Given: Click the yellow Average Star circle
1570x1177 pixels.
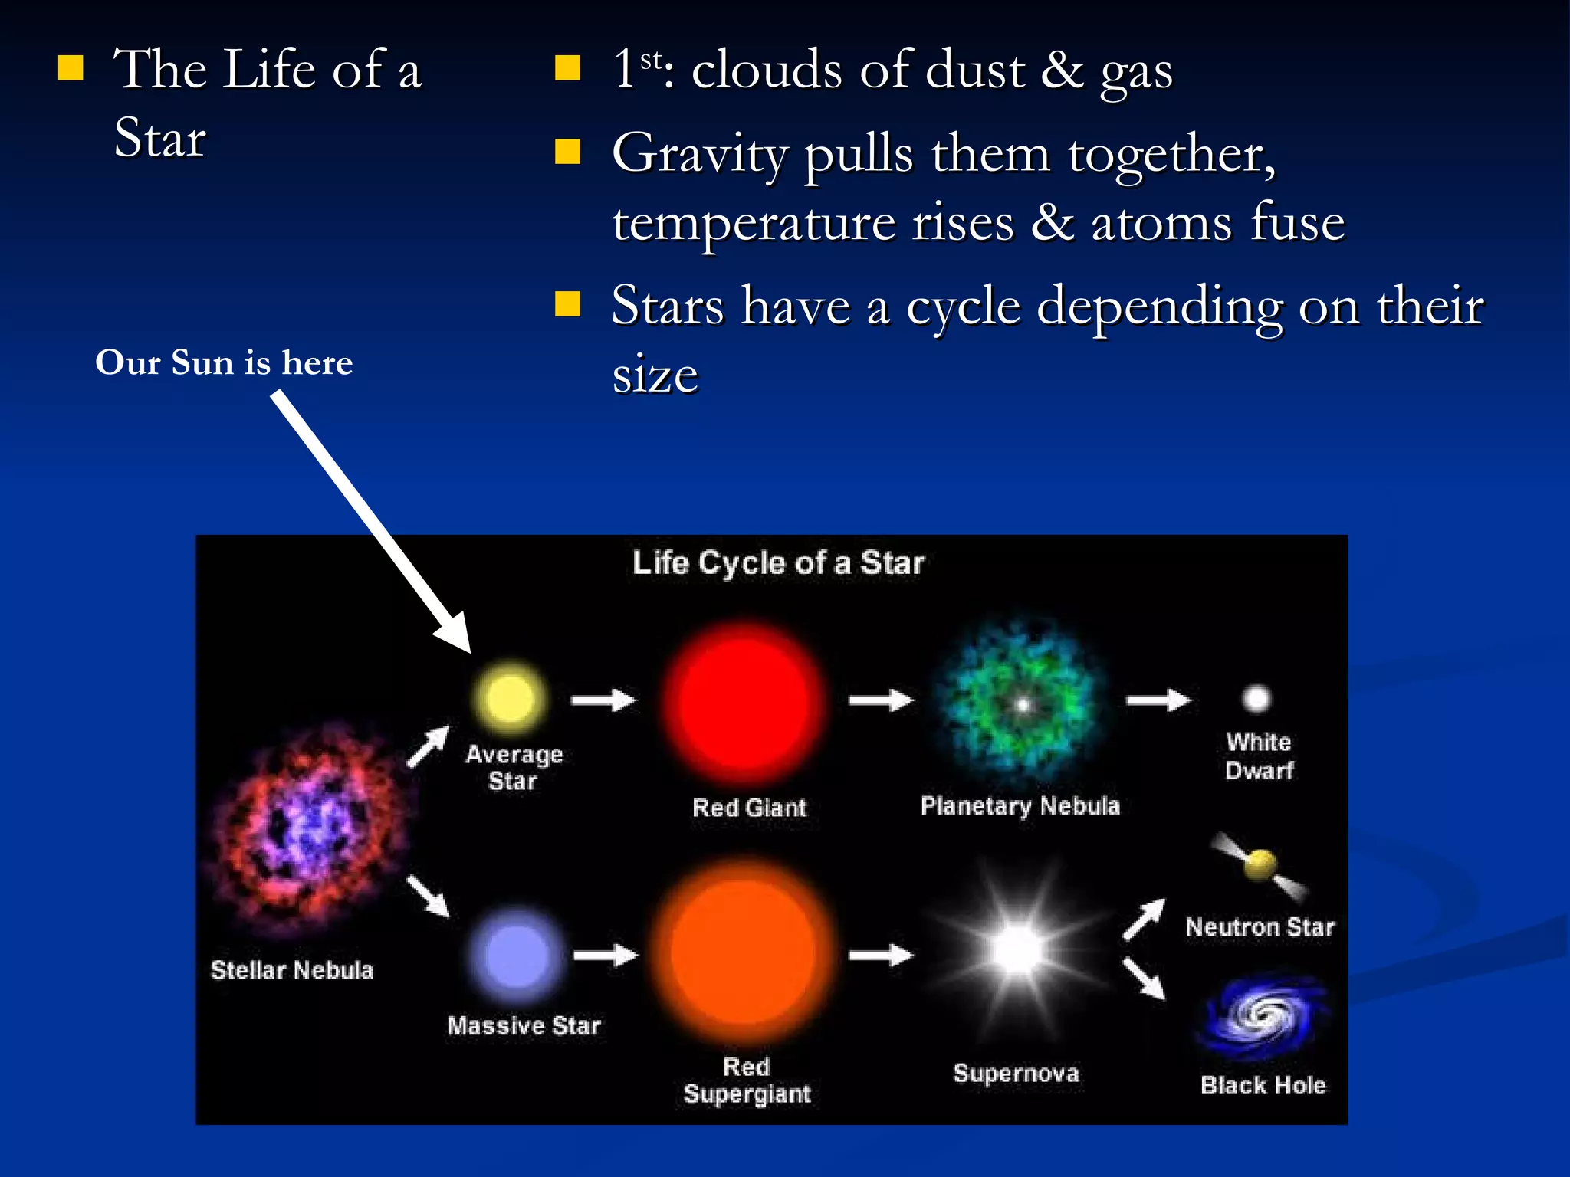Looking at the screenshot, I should [x=511, y=698].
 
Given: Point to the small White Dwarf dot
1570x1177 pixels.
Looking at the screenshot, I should [x=1256, y=698].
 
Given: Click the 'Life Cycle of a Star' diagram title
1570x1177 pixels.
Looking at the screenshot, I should [x=778, y=563].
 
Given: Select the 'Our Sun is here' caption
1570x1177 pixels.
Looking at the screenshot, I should [x=224, y=362].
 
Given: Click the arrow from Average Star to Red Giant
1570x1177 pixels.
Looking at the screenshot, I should [x=603, y=700].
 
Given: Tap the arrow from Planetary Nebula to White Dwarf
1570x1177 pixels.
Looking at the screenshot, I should [x=1158, y=700].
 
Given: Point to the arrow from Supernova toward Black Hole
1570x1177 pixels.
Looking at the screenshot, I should [x=1145, y=979].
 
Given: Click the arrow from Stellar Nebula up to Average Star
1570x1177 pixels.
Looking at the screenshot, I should [x=429, y=746].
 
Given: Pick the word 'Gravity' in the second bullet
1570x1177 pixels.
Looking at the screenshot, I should [x=699, y=155].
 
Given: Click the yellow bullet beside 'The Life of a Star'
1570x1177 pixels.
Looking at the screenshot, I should [x=71, y=69].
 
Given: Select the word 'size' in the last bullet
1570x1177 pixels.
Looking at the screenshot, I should [x=655, y=375].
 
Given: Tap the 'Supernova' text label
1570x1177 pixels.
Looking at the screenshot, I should [x=1016, y=1074].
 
